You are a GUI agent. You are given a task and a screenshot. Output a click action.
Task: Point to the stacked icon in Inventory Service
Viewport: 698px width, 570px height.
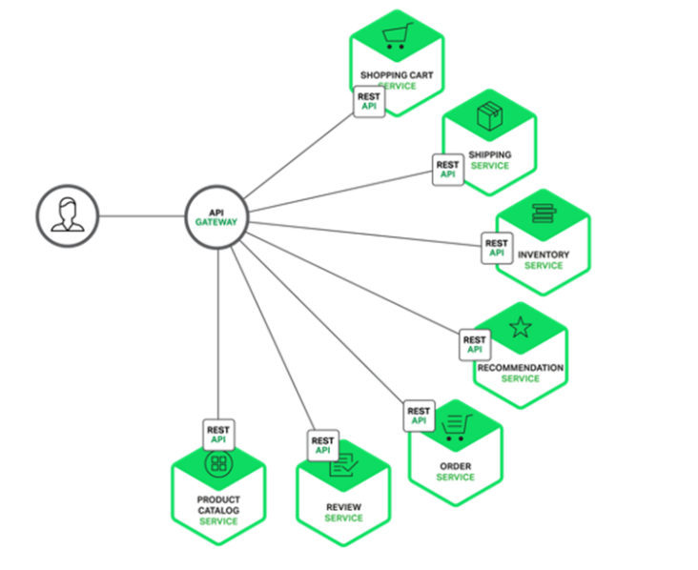pyautogui.click(x=543, y=214)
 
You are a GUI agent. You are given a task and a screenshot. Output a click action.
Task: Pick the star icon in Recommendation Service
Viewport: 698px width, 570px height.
pyautogui.click(x=520, y=329)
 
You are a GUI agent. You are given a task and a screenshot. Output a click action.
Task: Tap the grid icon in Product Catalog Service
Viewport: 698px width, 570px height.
pyautogui.click(x=218, y=464)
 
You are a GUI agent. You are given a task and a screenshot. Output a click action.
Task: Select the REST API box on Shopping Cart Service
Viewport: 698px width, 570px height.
pyautogui.click(x=369, y=102)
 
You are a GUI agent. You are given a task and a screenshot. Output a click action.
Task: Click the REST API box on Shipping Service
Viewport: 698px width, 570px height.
pyautogui.click(x=447, y=170)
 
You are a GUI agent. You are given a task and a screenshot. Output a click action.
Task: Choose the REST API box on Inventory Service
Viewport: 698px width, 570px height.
pyautogui.click(x=497, y=249)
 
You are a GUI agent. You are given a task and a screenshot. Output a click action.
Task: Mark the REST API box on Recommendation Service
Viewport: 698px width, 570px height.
pyautogui.click(x=474, y=344)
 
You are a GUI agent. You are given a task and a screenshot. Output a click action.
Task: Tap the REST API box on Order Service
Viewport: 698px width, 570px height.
pyautogui.click(x=420, y=416)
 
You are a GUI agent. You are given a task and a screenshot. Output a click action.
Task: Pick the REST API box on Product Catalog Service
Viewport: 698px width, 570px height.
pyautogui.click(x=218, y=435)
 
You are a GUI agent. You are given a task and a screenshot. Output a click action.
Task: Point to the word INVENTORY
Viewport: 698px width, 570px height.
pyautogui.click(x=544, y=254)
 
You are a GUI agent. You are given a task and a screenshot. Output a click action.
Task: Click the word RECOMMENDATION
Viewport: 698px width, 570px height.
pyautogui.click(x=520, y=367)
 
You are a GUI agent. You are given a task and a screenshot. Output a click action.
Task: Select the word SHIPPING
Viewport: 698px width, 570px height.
pyautogui.click(x=489, y=154)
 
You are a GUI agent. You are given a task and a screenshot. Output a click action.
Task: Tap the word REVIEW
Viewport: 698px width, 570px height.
pyautogui.click(x=343, y=506)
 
